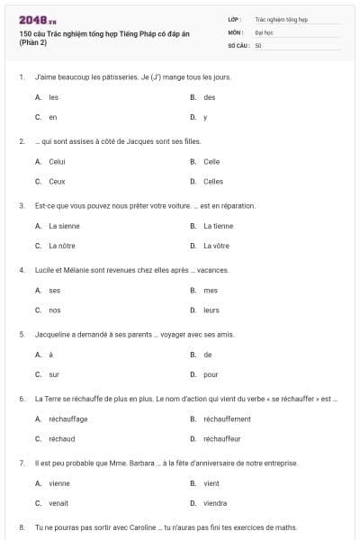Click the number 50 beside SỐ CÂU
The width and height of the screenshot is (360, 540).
pos(258,45)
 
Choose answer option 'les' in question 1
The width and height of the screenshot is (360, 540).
pos(54,97)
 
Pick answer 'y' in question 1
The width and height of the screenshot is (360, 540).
pos(205,117)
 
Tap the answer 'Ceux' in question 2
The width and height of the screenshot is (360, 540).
pos(57,181)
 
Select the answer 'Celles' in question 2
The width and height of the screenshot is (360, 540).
pos(213,181)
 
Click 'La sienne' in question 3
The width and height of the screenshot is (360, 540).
pos(64,226)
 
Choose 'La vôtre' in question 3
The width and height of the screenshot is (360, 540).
pos(218,246)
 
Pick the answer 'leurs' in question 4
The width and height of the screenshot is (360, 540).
pos(211,310)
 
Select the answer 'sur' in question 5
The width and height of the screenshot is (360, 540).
pos(54,374)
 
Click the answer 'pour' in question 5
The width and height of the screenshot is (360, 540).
pos(211,374)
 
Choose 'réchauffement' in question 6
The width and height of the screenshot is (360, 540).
pos(227,418)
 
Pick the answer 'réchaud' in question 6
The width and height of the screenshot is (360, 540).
pos(60,438)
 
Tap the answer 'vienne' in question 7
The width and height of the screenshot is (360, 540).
pos(58,483)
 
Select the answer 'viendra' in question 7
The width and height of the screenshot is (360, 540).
pos(215,503)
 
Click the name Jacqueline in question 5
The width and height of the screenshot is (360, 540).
pos(52,334)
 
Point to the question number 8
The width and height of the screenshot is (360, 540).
pos(22,526)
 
